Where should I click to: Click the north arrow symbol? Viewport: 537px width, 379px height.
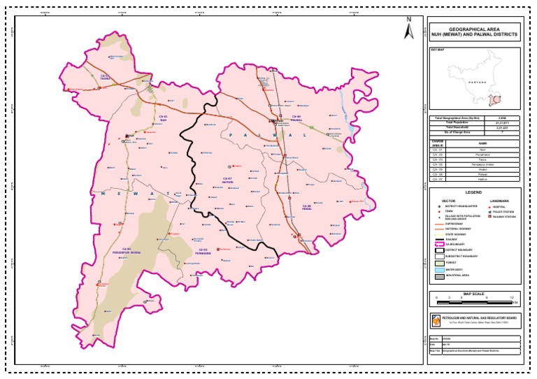pos(409,29)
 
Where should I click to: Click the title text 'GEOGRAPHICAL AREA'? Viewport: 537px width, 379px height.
pos(474,29)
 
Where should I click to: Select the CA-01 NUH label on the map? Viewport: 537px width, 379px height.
pos(163,117)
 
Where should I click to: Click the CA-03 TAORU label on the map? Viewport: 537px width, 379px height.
pos(104,77)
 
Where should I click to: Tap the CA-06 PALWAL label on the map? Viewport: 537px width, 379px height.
pos(296,117)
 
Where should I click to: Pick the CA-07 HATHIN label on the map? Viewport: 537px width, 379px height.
pos(227,180)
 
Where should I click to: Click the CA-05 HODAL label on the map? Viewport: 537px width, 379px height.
pos(306,207)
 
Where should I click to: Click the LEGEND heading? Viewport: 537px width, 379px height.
pos(473,192)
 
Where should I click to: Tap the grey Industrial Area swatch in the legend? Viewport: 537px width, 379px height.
pos(439,276)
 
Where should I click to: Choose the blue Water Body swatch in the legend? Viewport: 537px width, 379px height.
pos(439,269)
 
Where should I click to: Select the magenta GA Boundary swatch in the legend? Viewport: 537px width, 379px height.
pos(439,244)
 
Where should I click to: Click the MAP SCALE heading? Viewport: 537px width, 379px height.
pos(473,294)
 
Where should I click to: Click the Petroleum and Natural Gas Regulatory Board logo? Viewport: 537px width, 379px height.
pos(434,320)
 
